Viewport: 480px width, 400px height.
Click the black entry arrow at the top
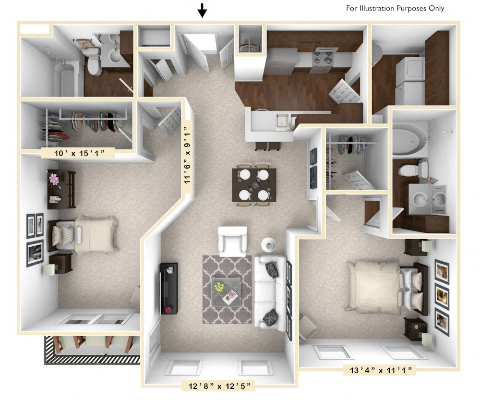203,10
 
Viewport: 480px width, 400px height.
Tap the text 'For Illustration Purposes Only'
395,8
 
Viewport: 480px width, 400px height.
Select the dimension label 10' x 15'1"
78,153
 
